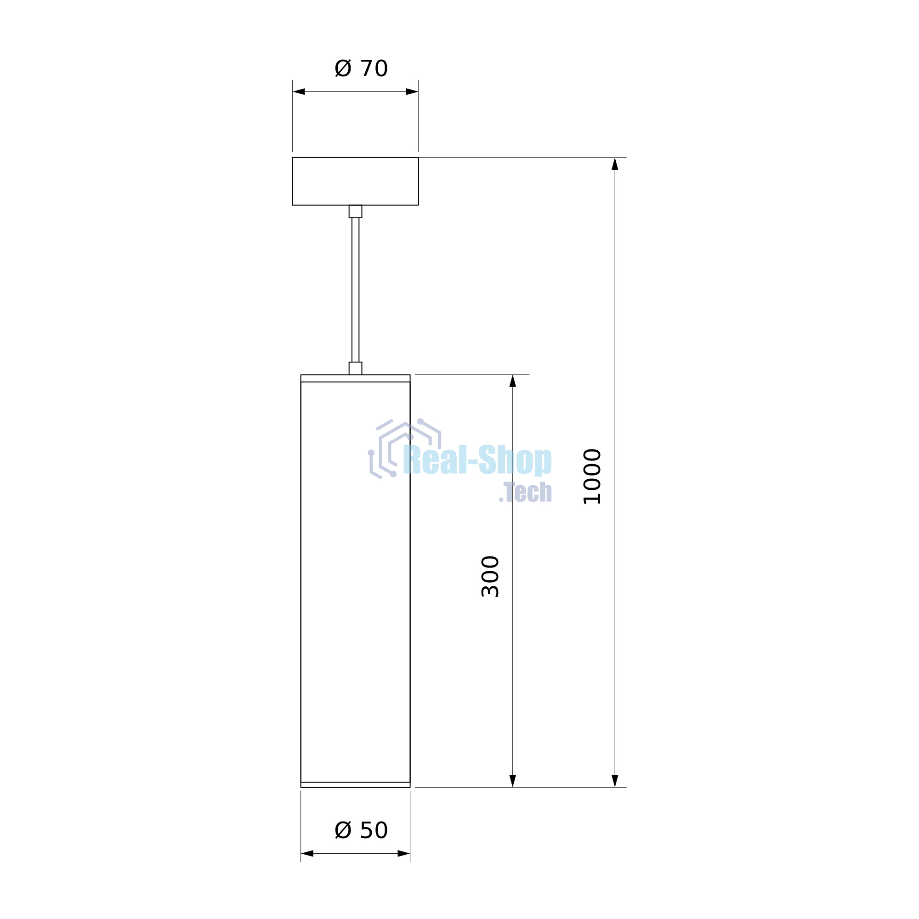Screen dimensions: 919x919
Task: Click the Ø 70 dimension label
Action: (361, 68)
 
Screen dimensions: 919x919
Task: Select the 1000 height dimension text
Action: (593, 476)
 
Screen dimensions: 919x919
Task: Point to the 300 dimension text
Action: (490, 576)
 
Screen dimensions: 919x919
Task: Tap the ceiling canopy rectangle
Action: (355, 181)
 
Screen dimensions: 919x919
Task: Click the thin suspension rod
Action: (355, 289)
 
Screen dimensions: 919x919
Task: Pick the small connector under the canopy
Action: (355, 212)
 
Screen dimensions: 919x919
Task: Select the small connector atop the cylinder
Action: (355, 368)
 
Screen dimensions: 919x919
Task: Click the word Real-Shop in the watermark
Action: (477, 460)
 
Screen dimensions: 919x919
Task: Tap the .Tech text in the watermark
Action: (525, 492)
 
